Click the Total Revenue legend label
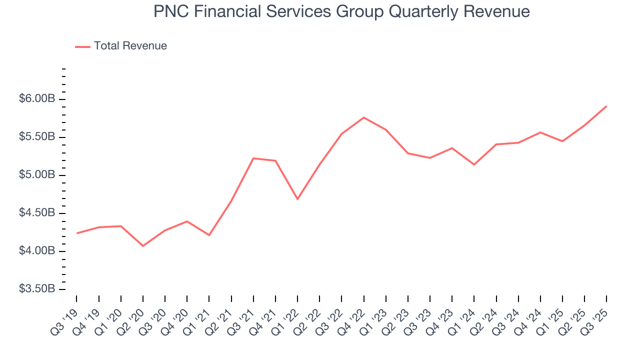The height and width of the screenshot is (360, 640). click(x=130, y=46)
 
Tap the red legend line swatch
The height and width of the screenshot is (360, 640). click(x=82, y=46)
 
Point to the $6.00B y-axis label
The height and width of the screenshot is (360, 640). click(x=37, y=99)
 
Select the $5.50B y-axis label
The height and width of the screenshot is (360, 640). click(x=37, y=137)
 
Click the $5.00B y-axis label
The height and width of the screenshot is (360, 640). click(x=37, y=175)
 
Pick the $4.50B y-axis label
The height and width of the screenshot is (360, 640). click(x=37, y=213)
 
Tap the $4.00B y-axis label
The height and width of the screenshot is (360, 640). click(x=37, y=251)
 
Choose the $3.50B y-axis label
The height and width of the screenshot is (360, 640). click(x=37, y=289)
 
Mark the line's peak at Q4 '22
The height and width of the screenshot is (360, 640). click(x=363, y=117)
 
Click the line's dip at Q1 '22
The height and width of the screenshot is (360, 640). click(x=297, y=199)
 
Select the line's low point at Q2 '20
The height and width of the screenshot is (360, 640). click(x=143, y=245)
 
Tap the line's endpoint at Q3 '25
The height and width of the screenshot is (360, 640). click(x=606, y=106)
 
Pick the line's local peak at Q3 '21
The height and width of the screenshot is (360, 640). click(x=253, y=158)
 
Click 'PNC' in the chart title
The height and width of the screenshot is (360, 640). click(x=169, y=11)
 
